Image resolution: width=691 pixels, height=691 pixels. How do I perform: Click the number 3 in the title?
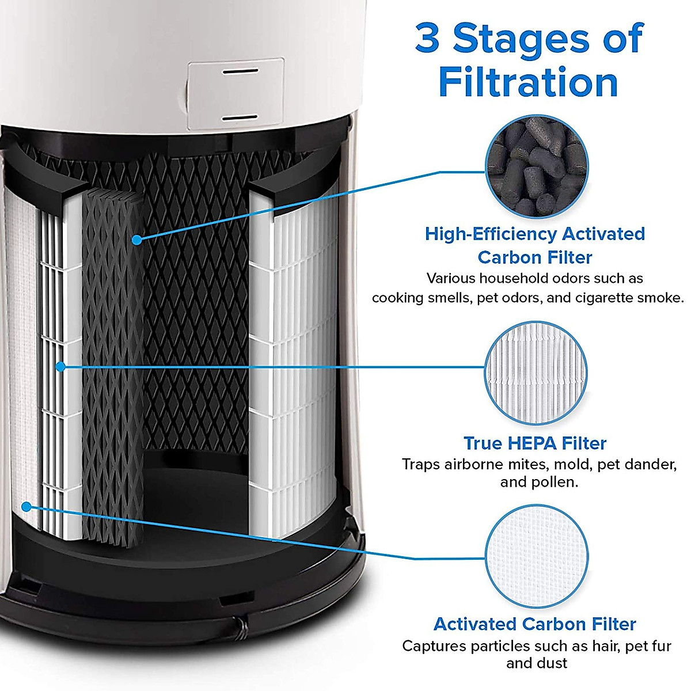coord(427,39)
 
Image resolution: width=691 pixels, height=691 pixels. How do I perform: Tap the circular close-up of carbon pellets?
coord(536,167)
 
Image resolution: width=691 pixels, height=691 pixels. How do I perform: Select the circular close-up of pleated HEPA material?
coord(536,367)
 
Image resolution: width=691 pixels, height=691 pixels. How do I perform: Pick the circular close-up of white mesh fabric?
coord(536,557)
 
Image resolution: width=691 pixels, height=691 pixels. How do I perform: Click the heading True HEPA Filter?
coord(535,443)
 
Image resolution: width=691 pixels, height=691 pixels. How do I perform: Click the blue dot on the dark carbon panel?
coord(136,240)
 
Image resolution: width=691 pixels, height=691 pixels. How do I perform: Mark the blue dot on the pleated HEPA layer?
coord(60,366)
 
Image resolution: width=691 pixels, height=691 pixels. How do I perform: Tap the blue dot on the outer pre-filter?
coord(26,506)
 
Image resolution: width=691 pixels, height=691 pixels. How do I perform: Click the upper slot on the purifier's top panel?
coord(240,72)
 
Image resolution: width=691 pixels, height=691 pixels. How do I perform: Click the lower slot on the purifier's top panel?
coord(240,117)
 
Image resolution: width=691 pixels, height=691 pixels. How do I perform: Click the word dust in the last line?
coord(552,663)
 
